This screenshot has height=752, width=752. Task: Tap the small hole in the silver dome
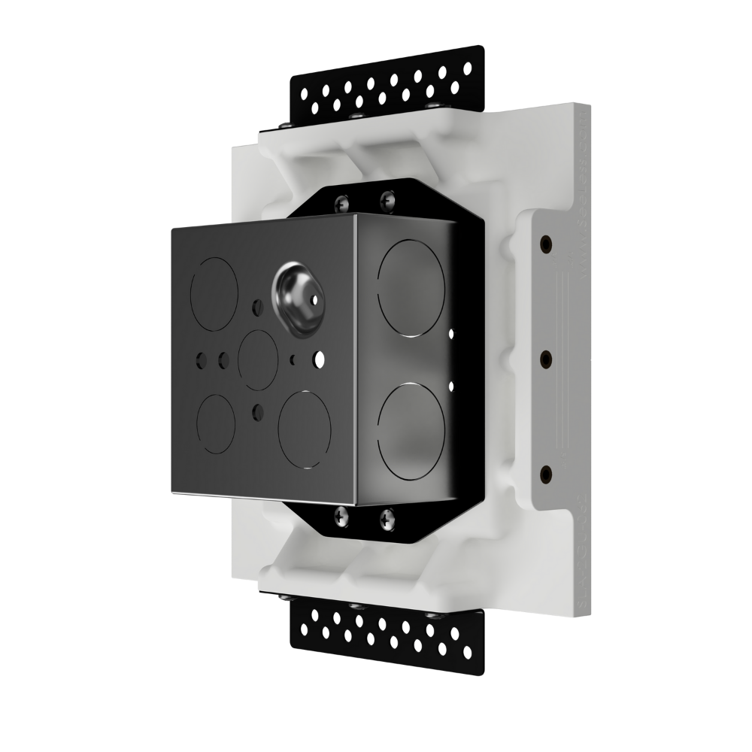click(x=311, y=298)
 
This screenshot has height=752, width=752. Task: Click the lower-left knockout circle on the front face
click(x=217, y=423)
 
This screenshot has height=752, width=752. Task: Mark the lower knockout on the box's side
click(x=409, y=429)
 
